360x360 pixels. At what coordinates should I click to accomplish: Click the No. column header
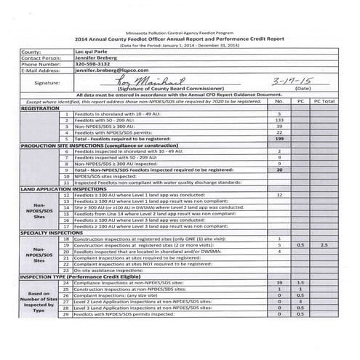point(279,102)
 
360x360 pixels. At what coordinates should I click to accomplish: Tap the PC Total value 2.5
point(324,245)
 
